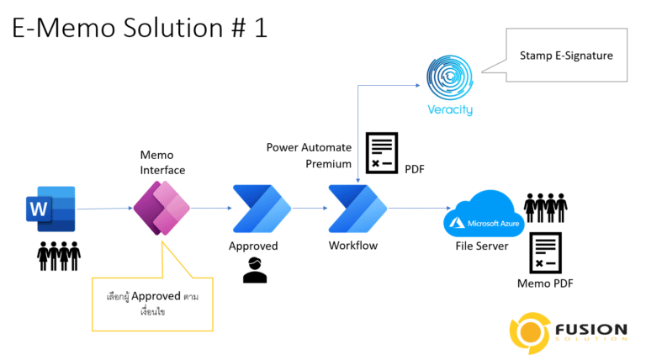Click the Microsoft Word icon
tap(50, 209)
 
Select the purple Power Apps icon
tap(161, 209)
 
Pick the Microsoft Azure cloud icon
tap(484, 214)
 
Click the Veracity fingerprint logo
tap(450, 77)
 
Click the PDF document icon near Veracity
tap(382, 153)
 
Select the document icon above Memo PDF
tap(545, 253)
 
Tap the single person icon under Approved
tap(254, 270)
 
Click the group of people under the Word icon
tap(58, 255)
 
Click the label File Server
tap(481, 246)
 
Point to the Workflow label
tap(353, 246)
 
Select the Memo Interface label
tap(162, 161)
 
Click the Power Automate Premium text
tap(309, 156)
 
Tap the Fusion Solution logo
tap(568, 331)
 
